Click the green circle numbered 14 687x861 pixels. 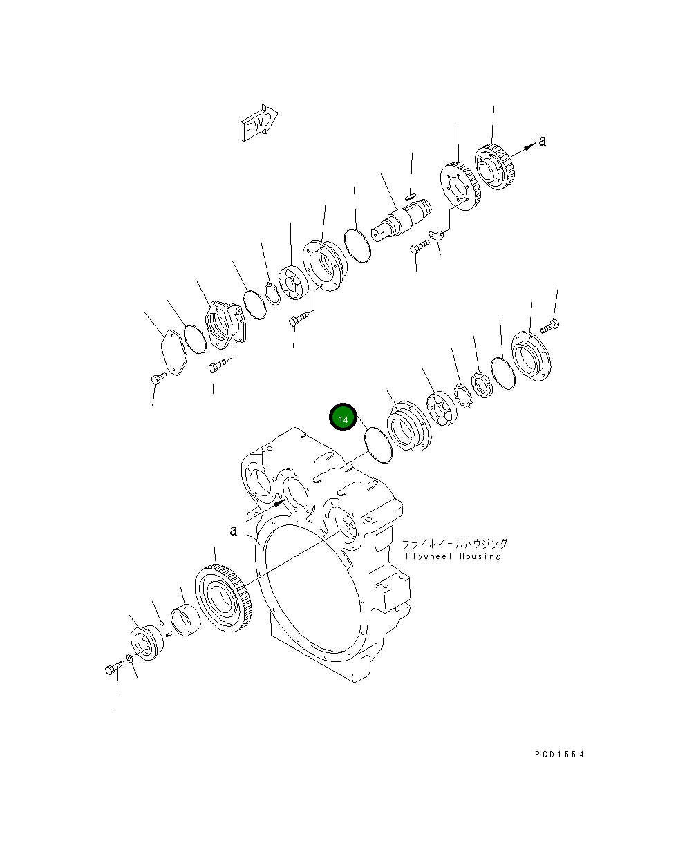(343, 418)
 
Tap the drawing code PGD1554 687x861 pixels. (558, 755)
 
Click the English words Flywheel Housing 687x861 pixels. (453, 556)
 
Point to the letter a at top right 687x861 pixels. (543, 141)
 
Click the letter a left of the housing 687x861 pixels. (234, 531)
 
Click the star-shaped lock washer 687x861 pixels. (461, 396)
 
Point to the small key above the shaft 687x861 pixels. (410, 197)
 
